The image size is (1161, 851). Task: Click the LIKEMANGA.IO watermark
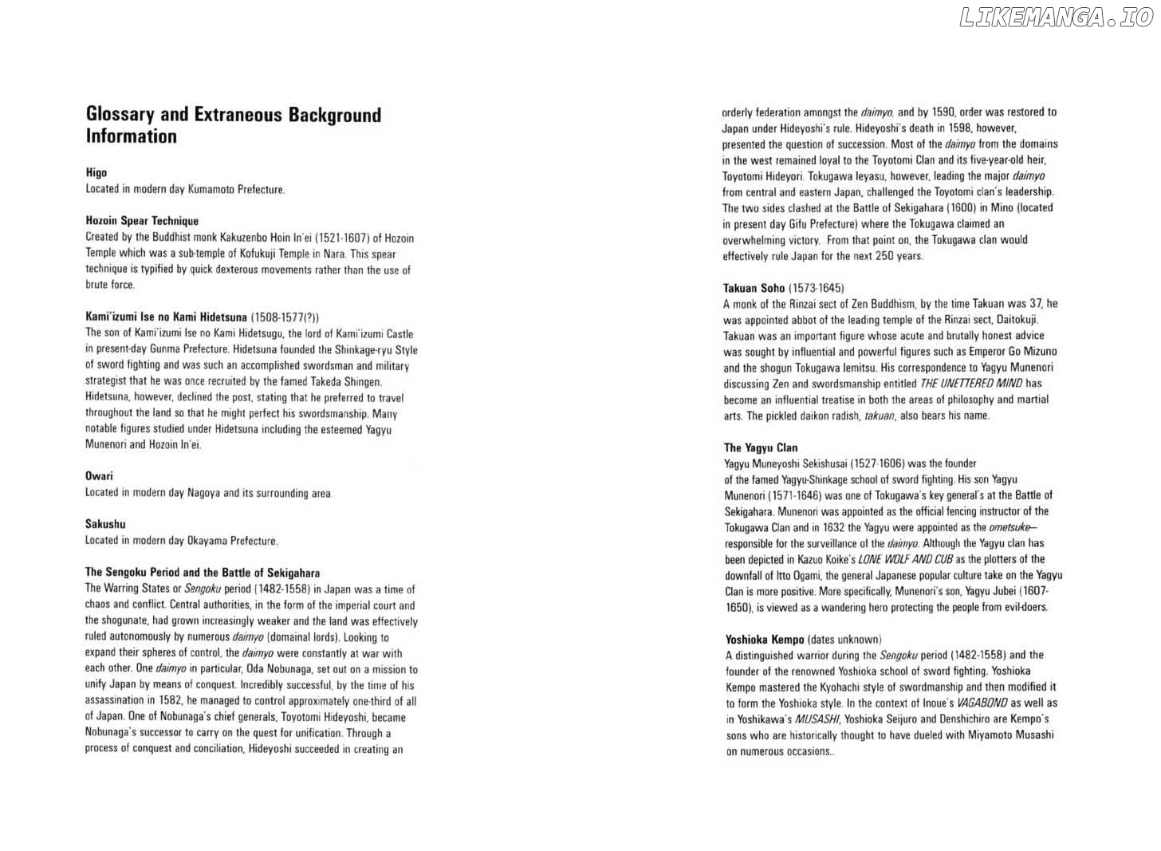[x=1056, y=18]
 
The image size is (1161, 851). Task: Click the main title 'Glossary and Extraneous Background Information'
[x=233, y=125]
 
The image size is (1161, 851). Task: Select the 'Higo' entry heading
[x=96, y=172]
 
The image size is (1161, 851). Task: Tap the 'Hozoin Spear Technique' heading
[x=142, y=221]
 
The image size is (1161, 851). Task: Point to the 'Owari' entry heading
[x=99, y=476]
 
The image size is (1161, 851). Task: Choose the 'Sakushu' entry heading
[x=105, y=524]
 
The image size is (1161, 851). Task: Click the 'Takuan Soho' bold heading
[x=754, y=288]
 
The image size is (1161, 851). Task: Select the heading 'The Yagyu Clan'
[x=761, y=447]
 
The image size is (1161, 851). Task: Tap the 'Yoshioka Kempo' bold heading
[x=764, y=639]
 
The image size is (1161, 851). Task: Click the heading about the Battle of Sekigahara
[x=203, y=573]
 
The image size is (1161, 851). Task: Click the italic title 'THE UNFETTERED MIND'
[x=967, y=384]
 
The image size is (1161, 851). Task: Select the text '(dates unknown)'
[x=844, y=639]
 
